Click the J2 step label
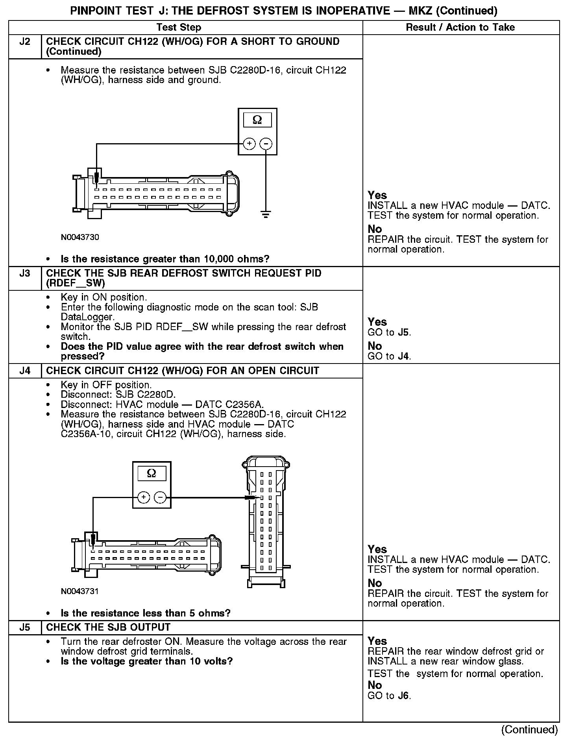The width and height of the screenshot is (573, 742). (x=25, y=42)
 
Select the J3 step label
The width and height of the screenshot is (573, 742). (x=25, y=273)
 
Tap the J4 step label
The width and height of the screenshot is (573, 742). (x=25, y=371)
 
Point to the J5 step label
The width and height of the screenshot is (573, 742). (x=25, y=627)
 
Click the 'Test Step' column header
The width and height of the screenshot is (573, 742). (x=179, y=27)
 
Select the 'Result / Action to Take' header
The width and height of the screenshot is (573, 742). (x=460, y=27)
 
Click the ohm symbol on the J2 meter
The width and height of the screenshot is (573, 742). (x=257, y=120)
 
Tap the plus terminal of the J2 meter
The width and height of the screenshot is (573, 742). (x=249, y=144)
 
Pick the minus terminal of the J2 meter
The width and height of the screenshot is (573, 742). (x=266, y=144)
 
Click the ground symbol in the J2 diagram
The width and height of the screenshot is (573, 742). (x=266, y=215)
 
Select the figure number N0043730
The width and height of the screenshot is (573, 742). (x=80, y=237)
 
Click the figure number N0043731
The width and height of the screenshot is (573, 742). (x=80, y=591)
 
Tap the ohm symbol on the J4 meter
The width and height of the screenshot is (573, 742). (x=152, y=473)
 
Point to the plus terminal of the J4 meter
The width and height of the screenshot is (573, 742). (x=144, y=498)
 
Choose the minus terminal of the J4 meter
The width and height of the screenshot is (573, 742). (x=160, y=498)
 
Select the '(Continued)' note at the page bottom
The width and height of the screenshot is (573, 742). (x=529, y=729)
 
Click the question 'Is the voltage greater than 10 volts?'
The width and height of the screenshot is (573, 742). (x=147, y=661)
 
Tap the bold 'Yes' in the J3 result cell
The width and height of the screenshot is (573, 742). (x=377, y=322)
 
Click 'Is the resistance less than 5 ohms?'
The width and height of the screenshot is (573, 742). (x=146, y=613)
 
